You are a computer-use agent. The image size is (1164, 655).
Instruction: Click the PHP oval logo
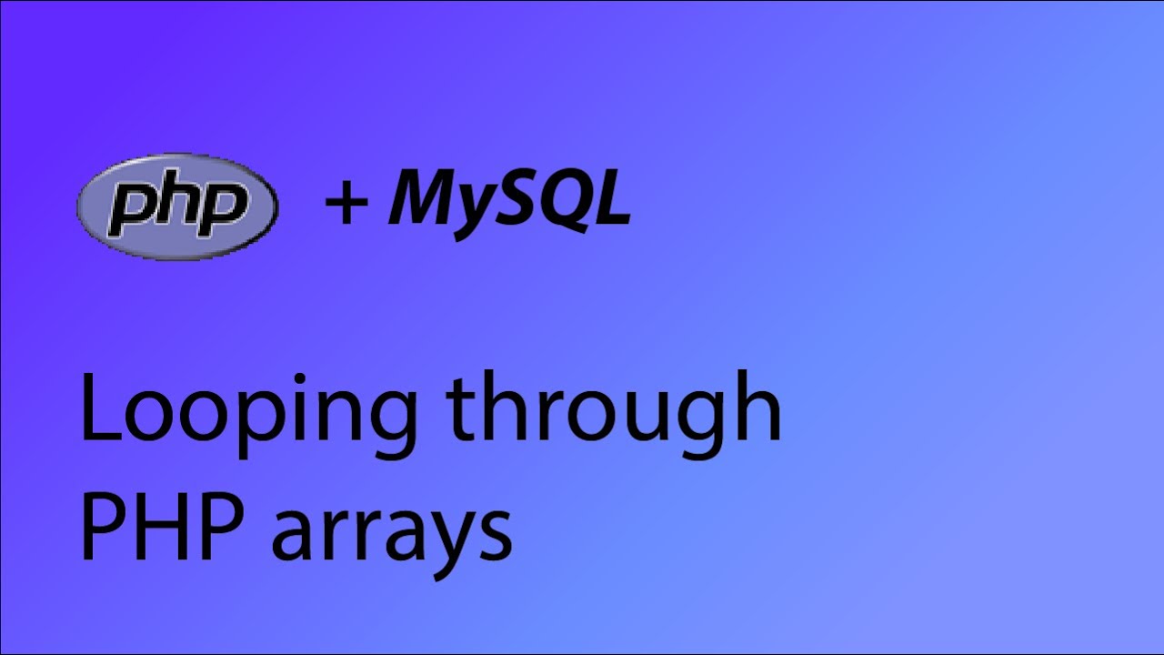178,207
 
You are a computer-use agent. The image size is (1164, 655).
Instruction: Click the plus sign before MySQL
346,204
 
